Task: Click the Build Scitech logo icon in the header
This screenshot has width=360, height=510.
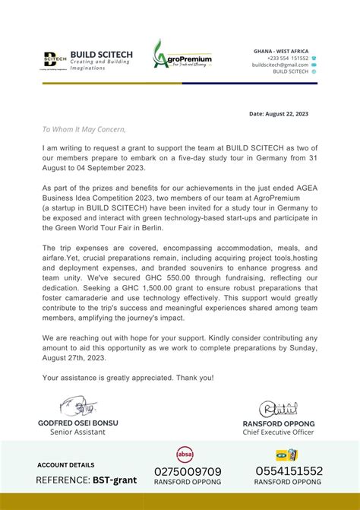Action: tap(55, 60)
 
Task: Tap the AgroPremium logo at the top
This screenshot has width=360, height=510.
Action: tap(182, 57)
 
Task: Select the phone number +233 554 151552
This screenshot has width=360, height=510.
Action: tap(287, 58)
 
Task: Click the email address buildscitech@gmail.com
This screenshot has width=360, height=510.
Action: tap(280, 65)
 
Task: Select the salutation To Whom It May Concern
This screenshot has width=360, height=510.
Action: tap(84, 129)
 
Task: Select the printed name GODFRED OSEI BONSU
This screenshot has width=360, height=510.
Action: tap(77, 423)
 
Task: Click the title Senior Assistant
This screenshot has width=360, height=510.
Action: tap(77, 432)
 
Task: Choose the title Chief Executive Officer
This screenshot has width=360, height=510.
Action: tap(278, 432)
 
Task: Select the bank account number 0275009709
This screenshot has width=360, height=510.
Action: tap(188, 471)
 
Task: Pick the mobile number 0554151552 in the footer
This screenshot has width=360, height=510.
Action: tap(289, 471)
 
